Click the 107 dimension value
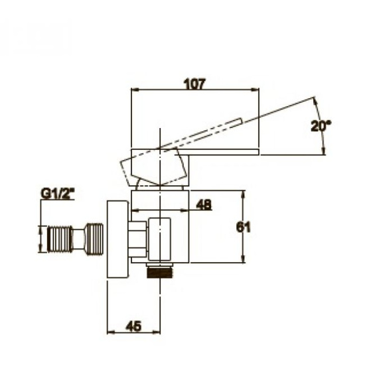tap(195, 84)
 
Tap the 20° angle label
tap(321, 126)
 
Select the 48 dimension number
tap(204, 205)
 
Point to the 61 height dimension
tap(244, 227)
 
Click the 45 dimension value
tap(133, 326)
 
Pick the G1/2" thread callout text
tap(58, 194)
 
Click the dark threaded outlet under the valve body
tap(161, 272)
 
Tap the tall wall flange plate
tap(117, 240)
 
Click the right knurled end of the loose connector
tap(95, 239)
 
